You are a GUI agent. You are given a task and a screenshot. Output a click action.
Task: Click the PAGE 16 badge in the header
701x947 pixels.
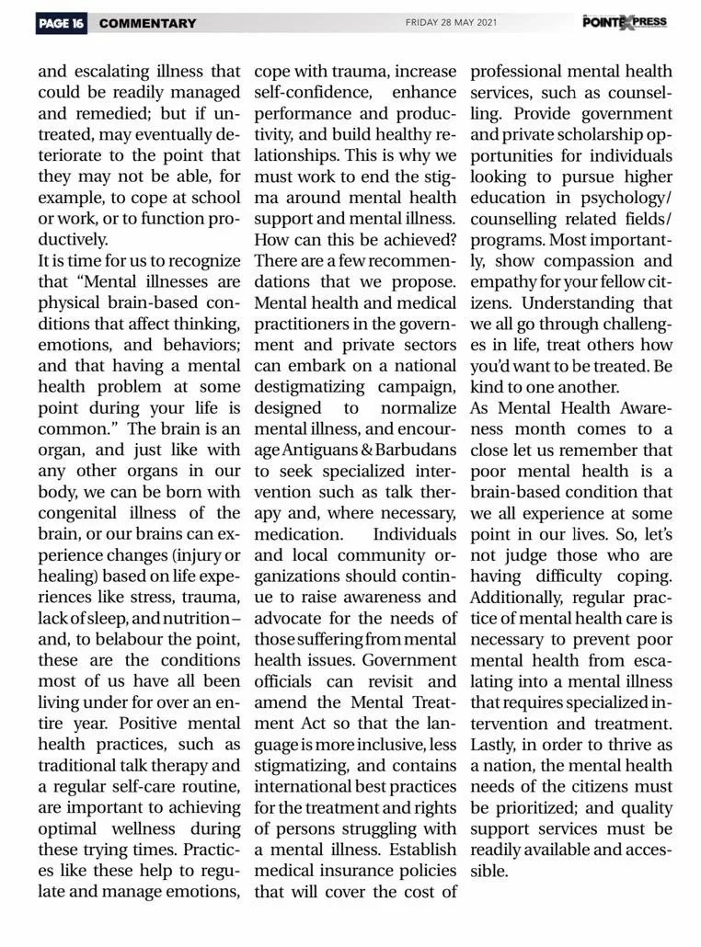tap(62, 23)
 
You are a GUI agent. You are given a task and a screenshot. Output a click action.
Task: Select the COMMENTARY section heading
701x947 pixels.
tap(147, 23)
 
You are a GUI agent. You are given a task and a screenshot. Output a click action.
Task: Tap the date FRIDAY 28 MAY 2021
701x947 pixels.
tap(451, 23)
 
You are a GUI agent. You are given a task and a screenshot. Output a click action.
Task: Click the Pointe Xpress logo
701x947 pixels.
tap(625, 21)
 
